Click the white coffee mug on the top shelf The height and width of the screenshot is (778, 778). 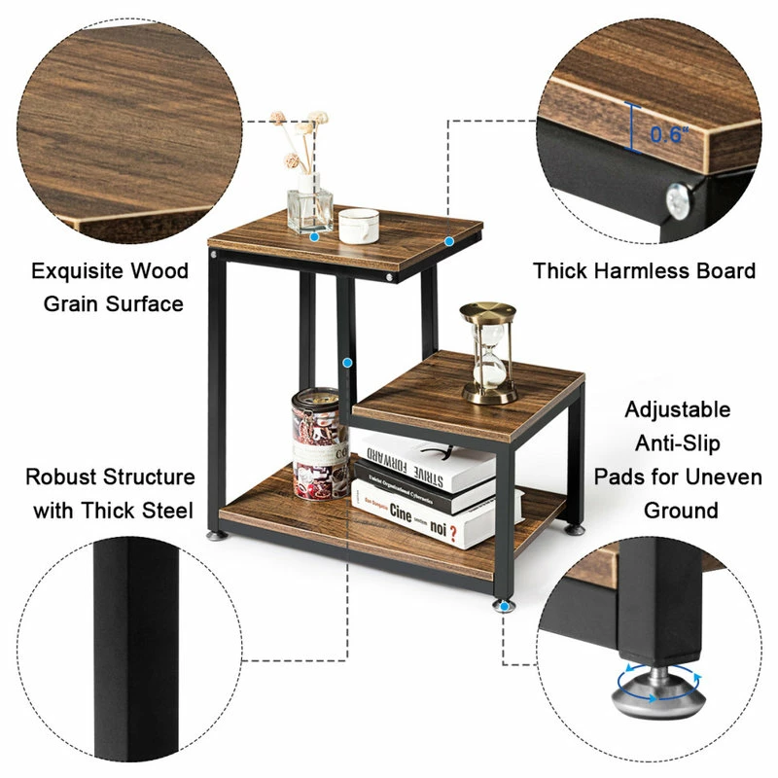tap(358, 225)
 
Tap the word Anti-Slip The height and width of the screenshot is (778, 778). tap(678, 443)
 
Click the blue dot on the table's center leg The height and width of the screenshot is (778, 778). tap(346, 362)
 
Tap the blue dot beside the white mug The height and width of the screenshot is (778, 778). tap(315, 235)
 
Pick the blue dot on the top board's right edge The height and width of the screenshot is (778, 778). tap(449, 239)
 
